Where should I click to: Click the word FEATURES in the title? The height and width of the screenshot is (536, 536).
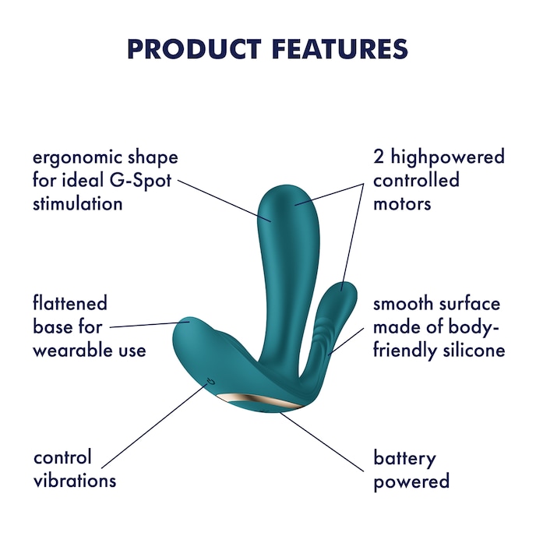(x=340, y=49)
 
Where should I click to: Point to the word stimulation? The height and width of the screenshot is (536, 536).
(x=78, y=204)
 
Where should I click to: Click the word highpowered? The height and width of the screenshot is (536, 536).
(x=447, y=157)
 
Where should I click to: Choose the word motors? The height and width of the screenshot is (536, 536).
(x=403, y=204)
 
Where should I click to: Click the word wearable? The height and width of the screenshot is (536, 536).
(x=68, y=350)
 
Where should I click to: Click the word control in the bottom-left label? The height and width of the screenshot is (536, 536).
(x=62, y=457)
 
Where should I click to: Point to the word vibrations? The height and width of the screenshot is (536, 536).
(x=75, y=481)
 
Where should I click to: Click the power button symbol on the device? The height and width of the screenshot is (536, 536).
(x=209, y=381)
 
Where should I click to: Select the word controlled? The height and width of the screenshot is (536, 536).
(x=416, y=181)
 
